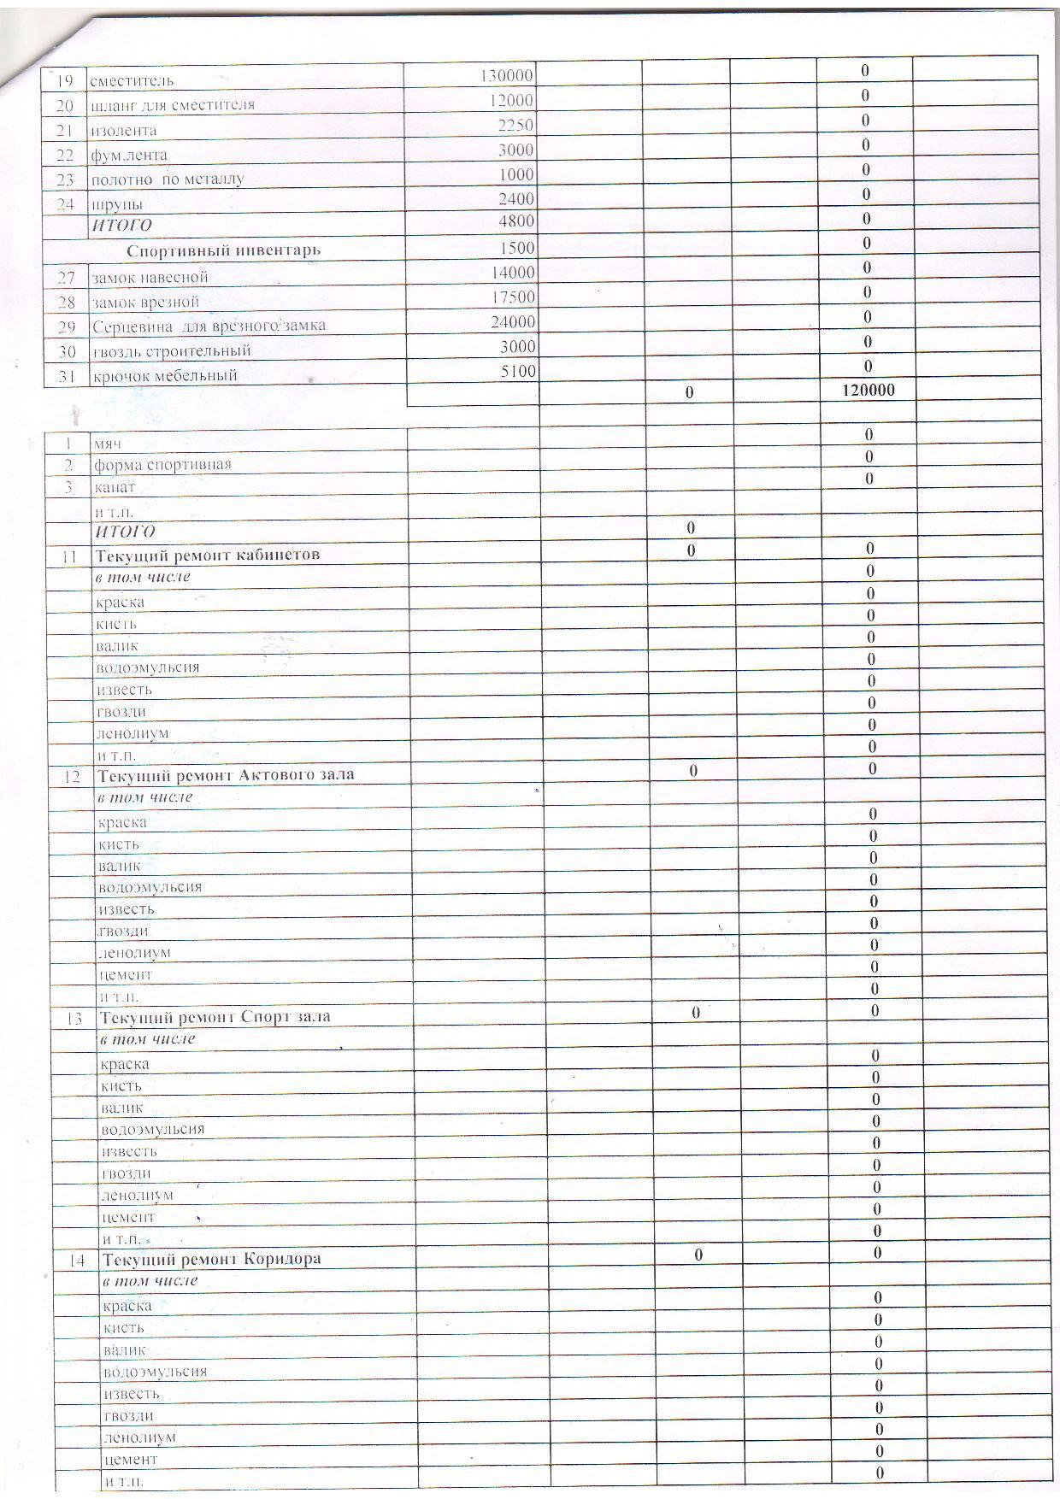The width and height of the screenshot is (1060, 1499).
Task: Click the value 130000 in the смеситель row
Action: click(506, 75)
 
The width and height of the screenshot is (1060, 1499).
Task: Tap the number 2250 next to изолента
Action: click(516, 125)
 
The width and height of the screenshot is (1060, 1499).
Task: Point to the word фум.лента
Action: click(128, 155)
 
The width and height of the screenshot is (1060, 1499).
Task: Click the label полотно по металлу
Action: click(168, 179)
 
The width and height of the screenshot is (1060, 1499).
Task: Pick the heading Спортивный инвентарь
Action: click(224, 250)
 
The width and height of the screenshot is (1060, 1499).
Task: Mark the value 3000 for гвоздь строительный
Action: click(516, 346)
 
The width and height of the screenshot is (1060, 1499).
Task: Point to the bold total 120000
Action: click(869, 390)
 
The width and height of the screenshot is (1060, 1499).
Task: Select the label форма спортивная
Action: click(162, 465)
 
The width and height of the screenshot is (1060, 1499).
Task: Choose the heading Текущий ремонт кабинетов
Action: click(209, 555)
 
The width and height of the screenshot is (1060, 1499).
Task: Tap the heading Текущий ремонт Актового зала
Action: click(226, 775)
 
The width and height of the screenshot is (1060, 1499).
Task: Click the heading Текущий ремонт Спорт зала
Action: click(215, 1017)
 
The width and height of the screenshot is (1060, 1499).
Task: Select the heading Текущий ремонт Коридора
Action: click(212, 1259)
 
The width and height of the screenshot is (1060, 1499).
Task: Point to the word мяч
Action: click(108, 444)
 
